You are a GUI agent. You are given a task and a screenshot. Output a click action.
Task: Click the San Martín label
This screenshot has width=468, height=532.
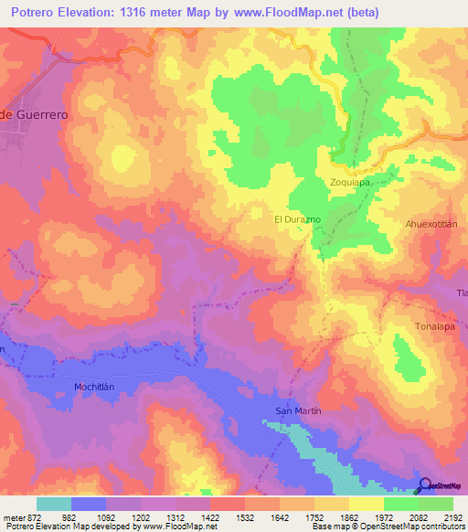tap(298, 411)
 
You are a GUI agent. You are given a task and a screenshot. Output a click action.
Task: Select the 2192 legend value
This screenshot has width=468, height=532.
tap(453, 516)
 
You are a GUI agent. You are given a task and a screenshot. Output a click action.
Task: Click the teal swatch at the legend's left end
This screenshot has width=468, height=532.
tap(54, 504)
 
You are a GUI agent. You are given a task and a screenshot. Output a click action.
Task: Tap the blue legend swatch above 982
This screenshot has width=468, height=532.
tap(89, 504)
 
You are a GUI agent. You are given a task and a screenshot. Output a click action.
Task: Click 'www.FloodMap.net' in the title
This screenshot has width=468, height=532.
tap(284, 12)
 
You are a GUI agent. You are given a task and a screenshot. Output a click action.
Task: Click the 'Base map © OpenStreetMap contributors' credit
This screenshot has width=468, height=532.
tap(387, 527)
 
